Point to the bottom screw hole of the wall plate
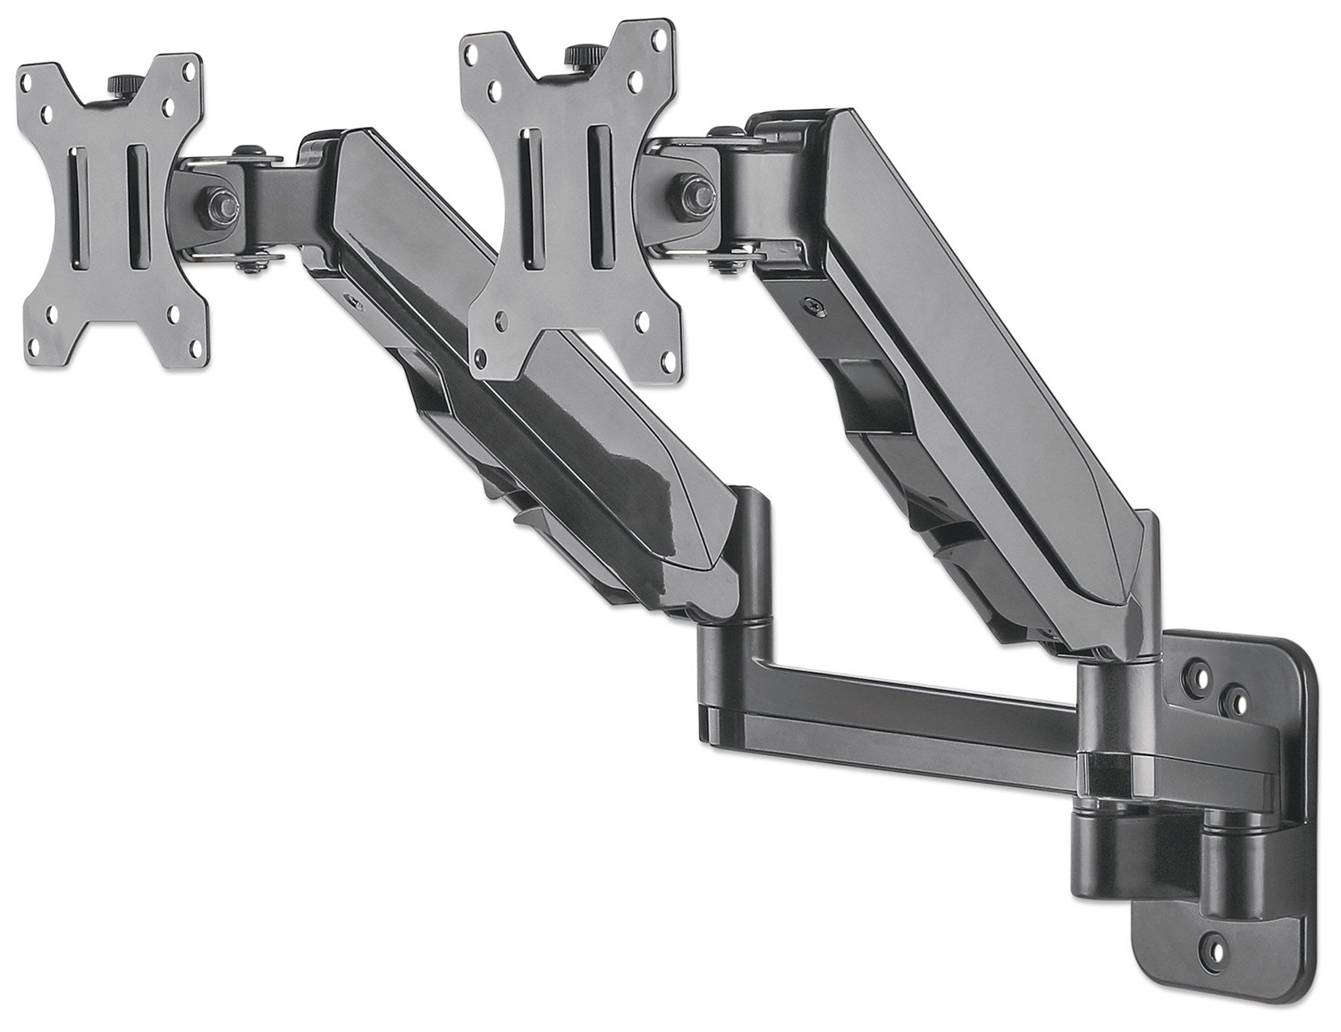(1212, 942)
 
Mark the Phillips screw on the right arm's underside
(810, 303)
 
